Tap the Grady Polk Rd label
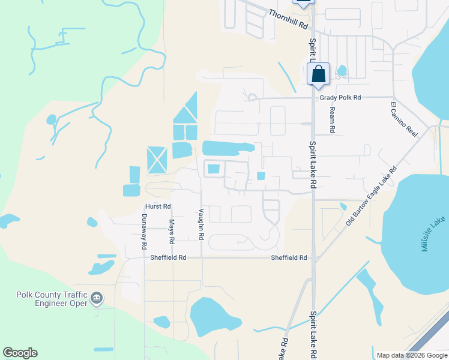pos(340,97)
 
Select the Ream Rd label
pos(331,120)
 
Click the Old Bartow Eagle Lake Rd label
pos(372,196)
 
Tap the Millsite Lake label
pos(433,235)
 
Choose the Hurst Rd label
pos(158,206)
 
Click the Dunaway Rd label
pos(144,232)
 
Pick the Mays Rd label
pos(171,231)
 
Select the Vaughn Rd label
pos(202,225)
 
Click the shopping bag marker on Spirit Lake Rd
pos(319,74)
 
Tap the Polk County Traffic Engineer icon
pos(97,297)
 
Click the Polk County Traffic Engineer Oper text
pos(52,298)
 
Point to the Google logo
pos(20,353)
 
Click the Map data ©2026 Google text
pos(411,355)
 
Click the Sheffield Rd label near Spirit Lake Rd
pos(289,257)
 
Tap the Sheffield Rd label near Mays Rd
pos(169,257)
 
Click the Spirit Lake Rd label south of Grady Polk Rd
pos(313,165)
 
